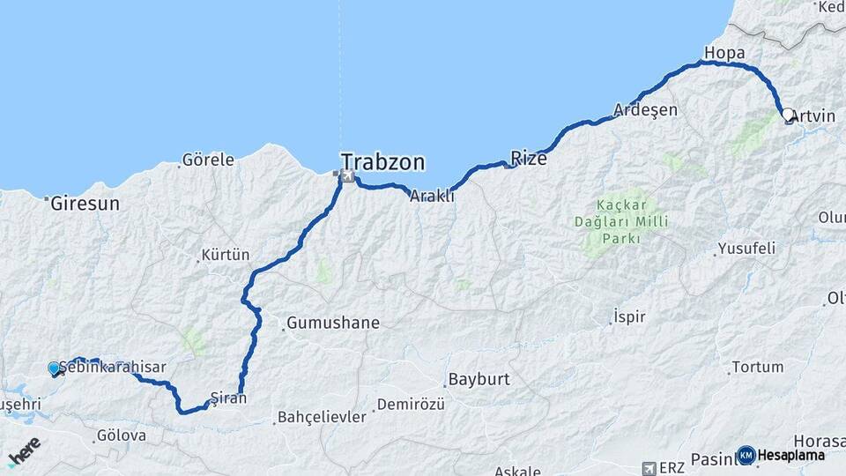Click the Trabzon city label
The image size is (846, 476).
coord(382,162)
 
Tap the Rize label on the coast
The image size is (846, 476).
coord(529,159)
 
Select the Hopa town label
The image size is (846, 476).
coord(724,54)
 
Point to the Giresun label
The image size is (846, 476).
coord(85,204)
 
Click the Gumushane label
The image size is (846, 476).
coord(332,323)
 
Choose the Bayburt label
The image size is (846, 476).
coord(479,380)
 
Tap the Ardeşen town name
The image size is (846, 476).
coord(646,110)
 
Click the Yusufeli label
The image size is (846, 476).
coord(746,249)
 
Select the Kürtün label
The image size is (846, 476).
coord(226,255)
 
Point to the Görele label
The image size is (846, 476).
coord(208,160)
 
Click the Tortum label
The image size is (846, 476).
coord(758,367)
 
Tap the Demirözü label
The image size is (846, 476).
coord(407,405)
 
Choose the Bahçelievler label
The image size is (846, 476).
coord(321,417)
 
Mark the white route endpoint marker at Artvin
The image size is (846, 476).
coord(788,115)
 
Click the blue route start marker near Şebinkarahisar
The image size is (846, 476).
coord(55,368)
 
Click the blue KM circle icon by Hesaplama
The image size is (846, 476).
coord(746,455)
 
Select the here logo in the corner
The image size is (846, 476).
coord(25,451)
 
